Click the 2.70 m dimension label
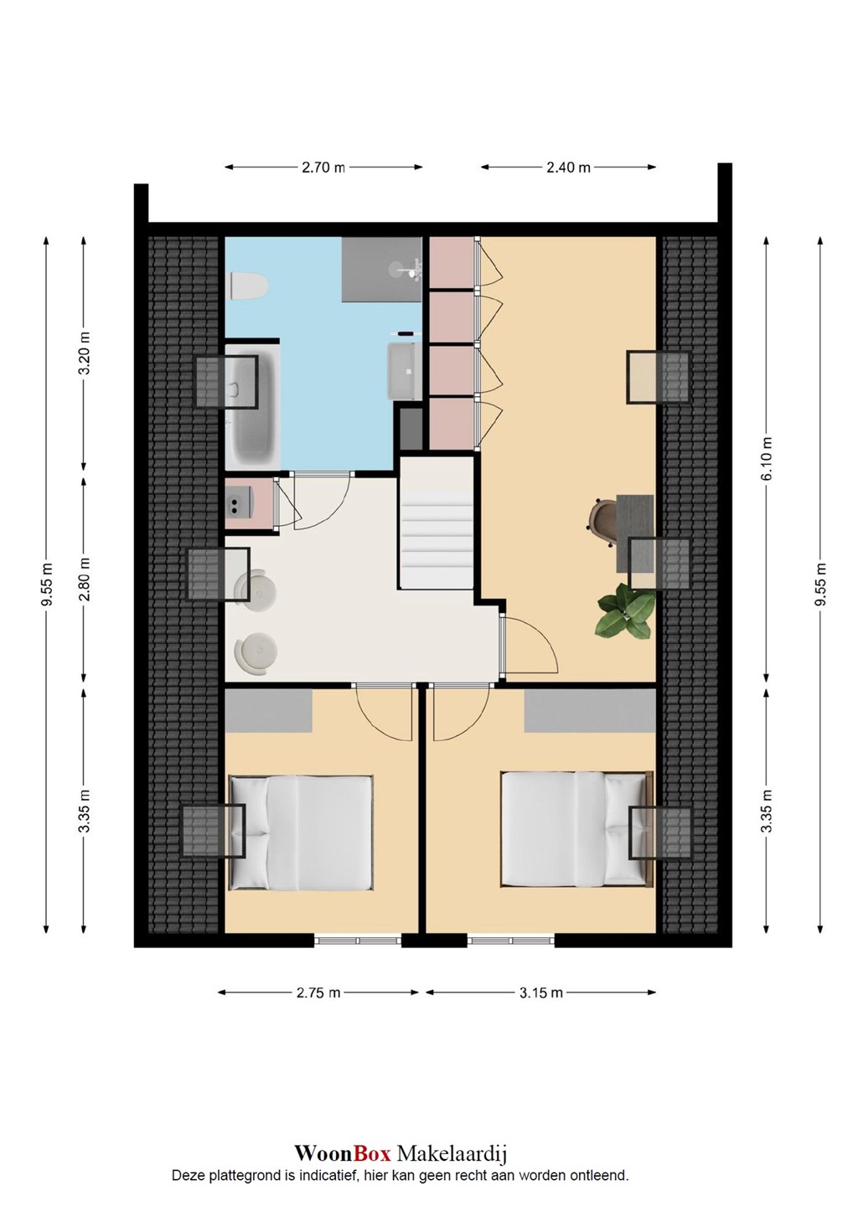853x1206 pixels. coord(323,167)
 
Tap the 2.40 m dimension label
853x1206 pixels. coord(568,167)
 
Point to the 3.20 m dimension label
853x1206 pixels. coord(84,353)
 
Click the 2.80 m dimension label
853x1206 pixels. coord(84,580)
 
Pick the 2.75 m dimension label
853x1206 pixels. coord(318,992)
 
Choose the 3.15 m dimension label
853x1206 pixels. coord(540,992)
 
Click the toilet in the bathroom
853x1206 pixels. coord(248,286)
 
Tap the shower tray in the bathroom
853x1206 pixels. coord(381,269)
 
